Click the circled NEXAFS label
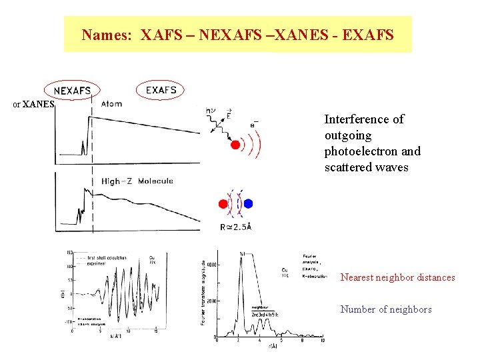(x=73, y=90)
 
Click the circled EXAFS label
(x=161, y=89)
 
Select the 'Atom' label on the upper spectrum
(x=111, y=103)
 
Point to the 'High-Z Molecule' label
(x=137, y=181)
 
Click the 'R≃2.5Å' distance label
(x=235, y=227)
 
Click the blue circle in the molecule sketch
(x=249, y=204)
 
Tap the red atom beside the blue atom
(x=223, y=204)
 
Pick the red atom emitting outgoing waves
(x=235, y=145)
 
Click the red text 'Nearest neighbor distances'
(x=397, y=277)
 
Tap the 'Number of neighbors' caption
(x=386, y=309)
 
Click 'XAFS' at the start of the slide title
(x=157, y=35)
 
